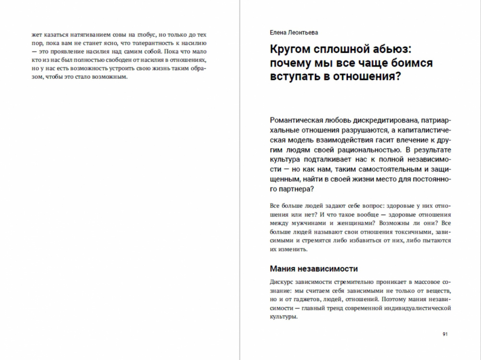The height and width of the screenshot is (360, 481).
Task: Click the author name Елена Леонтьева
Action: (x=294, y=33)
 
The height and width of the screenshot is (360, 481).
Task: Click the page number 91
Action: (x=445, y=334)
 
